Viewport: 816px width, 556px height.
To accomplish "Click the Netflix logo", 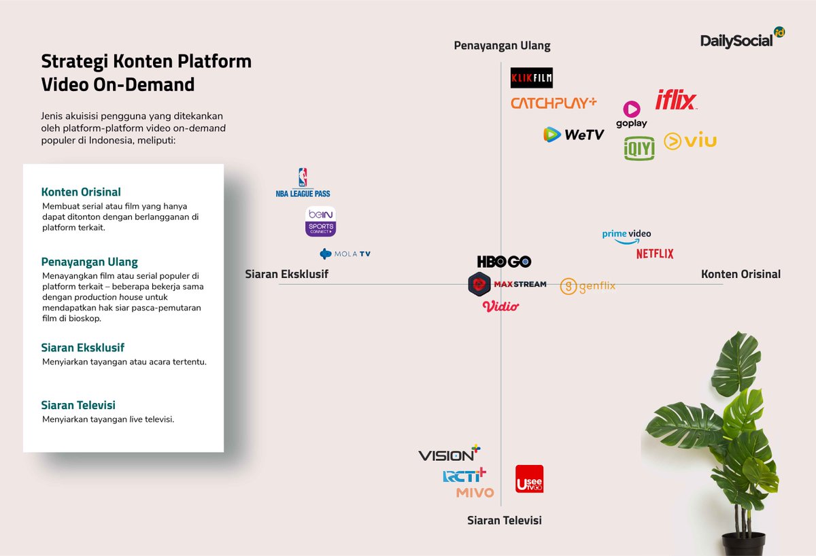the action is tap(655, 254).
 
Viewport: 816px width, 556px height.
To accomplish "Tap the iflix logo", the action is tap(676, 101).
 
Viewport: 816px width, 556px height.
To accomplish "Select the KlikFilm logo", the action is tap(532, 78).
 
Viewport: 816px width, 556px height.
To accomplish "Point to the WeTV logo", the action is tap(574, 135).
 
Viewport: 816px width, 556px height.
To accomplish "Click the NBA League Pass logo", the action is tap(303, 183).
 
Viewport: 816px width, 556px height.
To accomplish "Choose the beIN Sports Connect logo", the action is tap(320, 221).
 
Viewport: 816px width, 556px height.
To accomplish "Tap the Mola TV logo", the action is tap(345, 254).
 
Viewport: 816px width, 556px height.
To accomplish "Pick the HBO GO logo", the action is tap(504, 262).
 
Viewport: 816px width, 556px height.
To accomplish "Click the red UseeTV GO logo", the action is tap(529, 479).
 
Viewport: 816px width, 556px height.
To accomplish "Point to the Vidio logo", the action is tap(500, 307).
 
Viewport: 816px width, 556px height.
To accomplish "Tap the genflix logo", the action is tap(588, 286).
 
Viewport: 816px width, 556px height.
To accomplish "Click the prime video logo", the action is tap(626, 234).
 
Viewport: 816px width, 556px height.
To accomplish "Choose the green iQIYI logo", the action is tap(639, 148).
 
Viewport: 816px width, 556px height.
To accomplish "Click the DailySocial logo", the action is tap(742, 39).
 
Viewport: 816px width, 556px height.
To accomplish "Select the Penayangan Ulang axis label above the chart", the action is tap(502, 46).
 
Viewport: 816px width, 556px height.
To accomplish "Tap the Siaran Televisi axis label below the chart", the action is tap(504, 520).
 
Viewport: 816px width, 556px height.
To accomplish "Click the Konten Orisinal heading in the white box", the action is tap(81, 192).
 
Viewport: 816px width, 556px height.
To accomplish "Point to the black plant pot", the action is tap(743, 543).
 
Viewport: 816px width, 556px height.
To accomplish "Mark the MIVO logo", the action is tap(475, 493).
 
